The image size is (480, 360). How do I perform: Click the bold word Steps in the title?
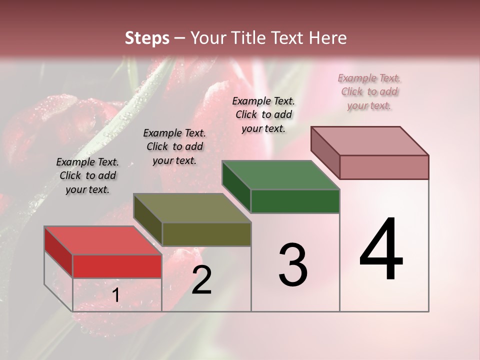coord(147,38)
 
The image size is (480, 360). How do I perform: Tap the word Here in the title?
coord(328,38)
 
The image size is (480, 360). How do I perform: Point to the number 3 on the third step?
coord(292,264)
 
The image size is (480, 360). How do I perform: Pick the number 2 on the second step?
coord(201,280)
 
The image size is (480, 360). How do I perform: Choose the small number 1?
coord(115,295)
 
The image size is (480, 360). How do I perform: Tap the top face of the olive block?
coord(192,208)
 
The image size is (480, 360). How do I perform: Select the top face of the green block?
coord(280,175)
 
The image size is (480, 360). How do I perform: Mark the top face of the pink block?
coord(369,140)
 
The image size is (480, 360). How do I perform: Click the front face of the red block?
coord(117,266)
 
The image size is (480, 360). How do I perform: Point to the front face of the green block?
coord(295,201)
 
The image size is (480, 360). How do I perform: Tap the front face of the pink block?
coord(384,167)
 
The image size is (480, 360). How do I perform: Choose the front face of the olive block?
coord(206,234)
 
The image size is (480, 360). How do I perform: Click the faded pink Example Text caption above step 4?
coord(369,91)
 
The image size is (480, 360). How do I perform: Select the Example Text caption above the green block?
coord(263,114)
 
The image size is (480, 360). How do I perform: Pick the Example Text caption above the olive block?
coord(174,146)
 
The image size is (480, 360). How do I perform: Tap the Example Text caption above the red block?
coord(87,175)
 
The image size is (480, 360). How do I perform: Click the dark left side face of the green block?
coord(236,186)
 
